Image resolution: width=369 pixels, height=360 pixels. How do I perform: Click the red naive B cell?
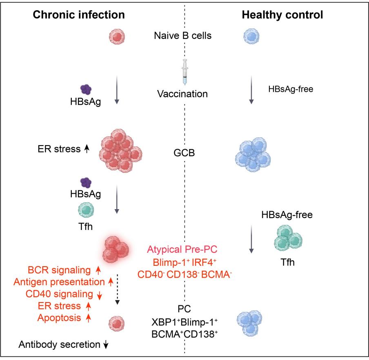point(116,36)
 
